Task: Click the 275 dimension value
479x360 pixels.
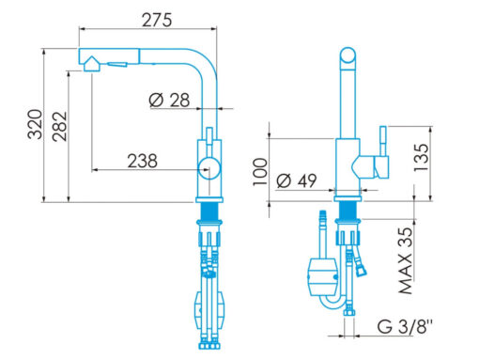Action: click(157, 20)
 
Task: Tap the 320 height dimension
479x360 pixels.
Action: click(35, 124)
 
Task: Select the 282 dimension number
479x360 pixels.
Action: click(60, 126)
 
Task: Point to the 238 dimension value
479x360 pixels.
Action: click(142, 161)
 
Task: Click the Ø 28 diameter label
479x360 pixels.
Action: click(169, 101)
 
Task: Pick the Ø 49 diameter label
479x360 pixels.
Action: click(297, 180)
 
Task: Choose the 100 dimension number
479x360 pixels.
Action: click(260, 172)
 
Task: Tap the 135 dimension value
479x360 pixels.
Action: click(421, 157)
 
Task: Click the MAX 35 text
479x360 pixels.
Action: click(406, 260)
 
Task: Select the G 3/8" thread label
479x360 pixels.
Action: click(404, 327)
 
